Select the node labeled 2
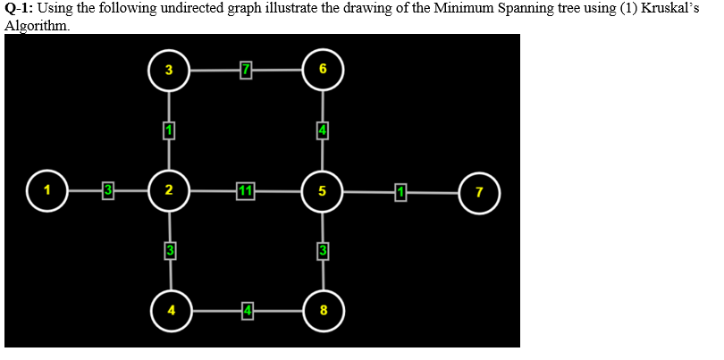coord(169,190)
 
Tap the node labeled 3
coord(169,70)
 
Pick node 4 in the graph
coord(171,311)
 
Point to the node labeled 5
coord(323,190)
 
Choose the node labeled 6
coord(323,70)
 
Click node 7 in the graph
coord(480,191)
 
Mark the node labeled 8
coord(324,311)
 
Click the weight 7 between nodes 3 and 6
coord(246,70)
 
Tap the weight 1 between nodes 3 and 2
coord(169,130)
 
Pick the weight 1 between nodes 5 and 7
coord(400,190)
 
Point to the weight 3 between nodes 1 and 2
coord(107,190)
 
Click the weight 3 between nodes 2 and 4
coord(170,251)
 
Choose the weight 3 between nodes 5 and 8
coord(324,251)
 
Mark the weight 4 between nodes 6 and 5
coord(323,130)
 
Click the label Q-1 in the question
coord(17,9)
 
